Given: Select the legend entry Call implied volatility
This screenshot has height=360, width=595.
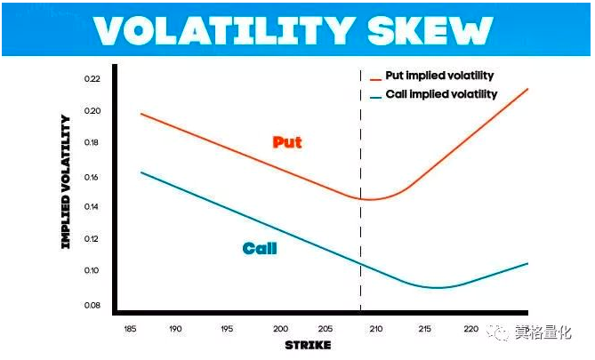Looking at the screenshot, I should [x=441, y=94].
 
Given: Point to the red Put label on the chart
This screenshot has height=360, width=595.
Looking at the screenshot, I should [x=287, y=142].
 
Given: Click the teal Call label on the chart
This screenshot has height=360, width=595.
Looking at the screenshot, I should [x=260, y=249].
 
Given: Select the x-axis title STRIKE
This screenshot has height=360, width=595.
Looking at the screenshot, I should [x=307, y=344].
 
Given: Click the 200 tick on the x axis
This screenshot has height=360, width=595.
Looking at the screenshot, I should [x=281, y=329].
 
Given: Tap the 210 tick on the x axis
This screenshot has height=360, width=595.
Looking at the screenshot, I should [x=376, y=329].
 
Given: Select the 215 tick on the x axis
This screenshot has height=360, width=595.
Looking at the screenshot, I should [x=423, y=329].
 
